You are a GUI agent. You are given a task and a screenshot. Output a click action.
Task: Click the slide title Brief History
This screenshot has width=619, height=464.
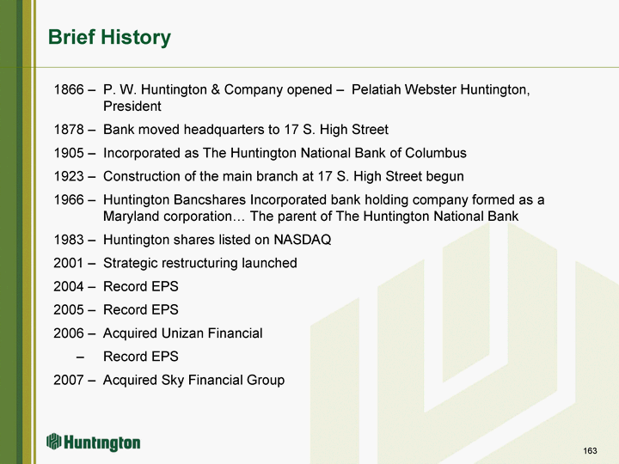pyautogui.click(x=109, y=38)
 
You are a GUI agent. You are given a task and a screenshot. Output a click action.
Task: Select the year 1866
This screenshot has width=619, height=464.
pyautogui.click(x=69, y=89)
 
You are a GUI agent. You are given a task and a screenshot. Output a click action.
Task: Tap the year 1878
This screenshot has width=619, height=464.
pyautogui.click(x=69, y=130)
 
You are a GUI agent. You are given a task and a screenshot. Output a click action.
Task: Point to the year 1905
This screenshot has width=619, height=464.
pyautogui.click(x=69, y=153)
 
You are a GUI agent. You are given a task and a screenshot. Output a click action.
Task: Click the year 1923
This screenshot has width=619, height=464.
pyautogui.click(x=69, y=176)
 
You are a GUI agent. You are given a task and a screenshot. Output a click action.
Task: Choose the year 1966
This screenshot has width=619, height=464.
pyautogui.click(x=69, y=199)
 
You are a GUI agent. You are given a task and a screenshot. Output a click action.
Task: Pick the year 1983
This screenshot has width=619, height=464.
pyautogui.click(x=69, y=240)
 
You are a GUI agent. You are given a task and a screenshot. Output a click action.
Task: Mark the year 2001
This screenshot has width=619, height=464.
pyautogui.click(x=69, y=263)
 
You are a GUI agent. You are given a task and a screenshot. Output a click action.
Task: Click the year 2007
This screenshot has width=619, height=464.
pyautogui.click(x=69, y=380)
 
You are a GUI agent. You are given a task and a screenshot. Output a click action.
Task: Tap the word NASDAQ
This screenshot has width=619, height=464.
pyautogui.click(x=303, y=240)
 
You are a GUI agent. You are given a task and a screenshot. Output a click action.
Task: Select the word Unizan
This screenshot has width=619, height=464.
pyautogui.click(x=183, y=333)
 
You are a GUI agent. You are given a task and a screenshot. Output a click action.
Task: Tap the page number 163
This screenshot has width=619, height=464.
pyautogui.click(x=590, y=450)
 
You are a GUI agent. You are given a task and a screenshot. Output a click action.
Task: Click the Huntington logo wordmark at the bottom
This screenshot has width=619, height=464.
pyautogui.click(x=101, y=443)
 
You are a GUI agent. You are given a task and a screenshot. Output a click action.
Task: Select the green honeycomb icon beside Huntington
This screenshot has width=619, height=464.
pyautogui.click(x=53, y=441)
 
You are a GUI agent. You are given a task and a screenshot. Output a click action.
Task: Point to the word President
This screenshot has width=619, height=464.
pyautogui.click(x=132, y=107)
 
